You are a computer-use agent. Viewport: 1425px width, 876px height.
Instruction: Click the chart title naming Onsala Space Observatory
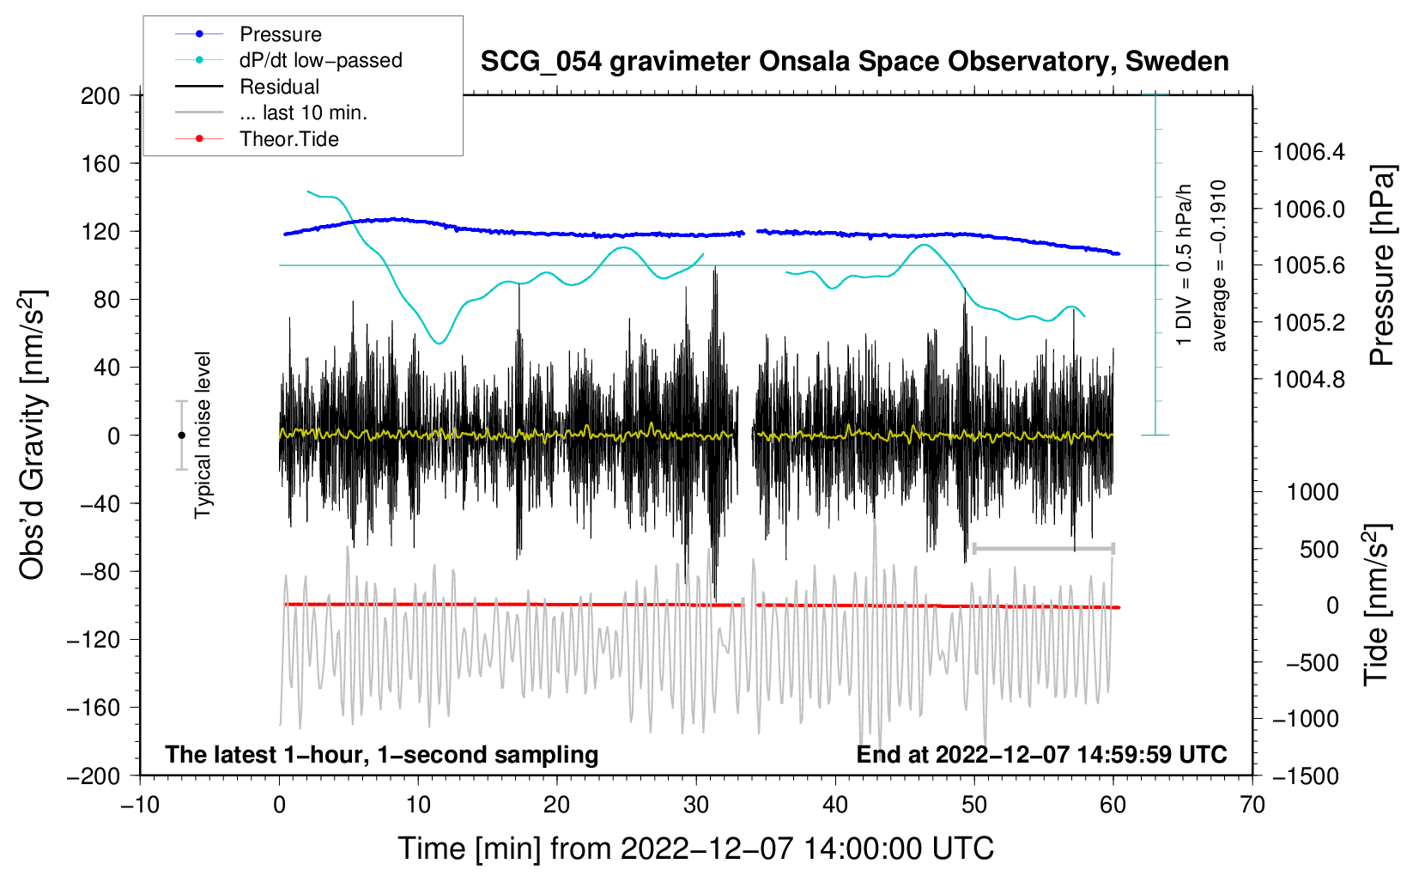tap(854, 62)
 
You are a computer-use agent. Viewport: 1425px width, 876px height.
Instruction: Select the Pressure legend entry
tap(280, 34)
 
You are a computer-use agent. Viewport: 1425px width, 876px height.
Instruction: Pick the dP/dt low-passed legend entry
tap(320, 60)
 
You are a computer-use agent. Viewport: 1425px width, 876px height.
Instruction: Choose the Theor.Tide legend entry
tap(288, 139)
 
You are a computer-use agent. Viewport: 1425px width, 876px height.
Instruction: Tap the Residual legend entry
tap(279, 87)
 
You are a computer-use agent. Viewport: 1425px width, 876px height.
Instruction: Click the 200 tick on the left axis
tap(100, 95)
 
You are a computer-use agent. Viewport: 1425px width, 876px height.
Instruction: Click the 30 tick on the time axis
tap(696, 805)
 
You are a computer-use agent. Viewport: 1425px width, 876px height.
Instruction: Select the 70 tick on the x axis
tap(1252, 805)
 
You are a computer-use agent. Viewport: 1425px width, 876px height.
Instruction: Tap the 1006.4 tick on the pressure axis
tap(1309, 153)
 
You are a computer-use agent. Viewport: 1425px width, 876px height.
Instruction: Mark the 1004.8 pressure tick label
tap(1309, 380)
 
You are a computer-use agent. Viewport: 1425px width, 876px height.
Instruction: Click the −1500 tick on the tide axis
tap(1305, 776)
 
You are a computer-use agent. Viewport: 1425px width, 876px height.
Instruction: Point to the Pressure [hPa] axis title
tap(1381, 266)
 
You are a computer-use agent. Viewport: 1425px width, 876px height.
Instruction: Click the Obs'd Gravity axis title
tap(33, 435)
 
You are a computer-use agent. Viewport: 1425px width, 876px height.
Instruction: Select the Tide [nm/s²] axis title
tap(1376, 605)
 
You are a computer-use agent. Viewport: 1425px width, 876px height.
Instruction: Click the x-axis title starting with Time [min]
tap(696, 849)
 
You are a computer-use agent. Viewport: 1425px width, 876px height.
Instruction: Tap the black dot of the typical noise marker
tap(181, 435)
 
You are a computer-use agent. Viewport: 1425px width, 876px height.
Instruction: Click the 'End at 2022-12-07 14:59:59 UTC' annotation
tap(1041, 755)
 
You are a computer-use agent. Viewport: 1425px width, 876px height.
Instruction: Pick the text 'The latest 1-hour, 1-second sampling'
tap(382, 755)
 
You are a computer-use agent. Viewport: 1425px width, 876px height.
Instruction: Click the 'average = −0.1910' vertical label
tap(1219, 266)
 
